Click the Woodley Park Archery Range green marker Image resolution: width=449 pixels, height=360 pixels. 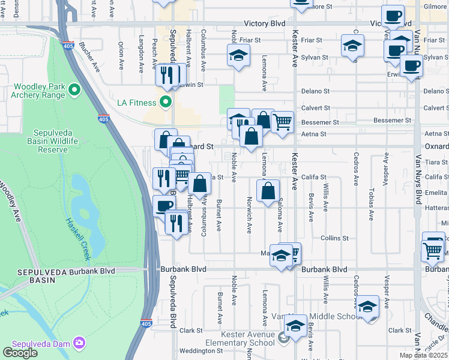pos(74,91)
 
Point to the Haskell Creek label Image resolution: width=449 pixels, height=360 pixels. pos(77,237)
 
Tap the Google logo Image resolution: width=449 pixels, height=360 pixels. pos(20,353)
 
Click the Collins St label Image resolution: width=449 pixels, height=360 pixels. pos(334,238)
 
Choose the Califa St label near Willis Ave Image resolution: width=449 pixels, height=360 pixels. pos(313,178)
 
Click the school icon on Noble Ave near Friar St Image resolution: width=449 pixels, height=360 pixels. pos(238,55)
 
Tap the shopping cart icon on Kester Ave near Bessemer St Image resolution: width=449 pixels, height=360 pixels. pos(282,122)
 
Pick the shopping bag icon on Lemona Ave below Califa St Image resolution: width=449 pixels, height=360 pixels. pos(268,191)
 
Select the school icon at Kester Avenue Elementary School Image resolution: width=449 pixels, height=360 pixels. pos(295,326)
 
